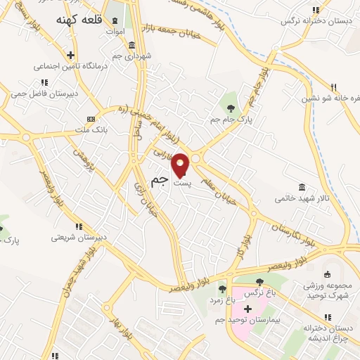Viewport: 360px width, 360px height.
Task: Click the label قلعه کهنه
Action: click(79, 20)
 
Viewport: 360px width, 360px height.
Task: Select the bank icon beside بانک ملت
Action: click(91, 119)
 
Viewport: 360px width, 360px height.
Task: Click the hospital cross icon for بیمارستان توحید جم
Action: click(247, 309)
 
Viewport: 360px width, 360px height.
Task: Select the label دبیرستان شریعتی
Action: click(78, 237)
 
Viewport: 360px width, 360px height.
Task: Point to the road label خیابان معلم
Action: click(225, 187)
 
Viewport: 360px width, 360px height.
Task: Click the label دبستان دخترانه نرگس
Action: click(316, 20)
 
